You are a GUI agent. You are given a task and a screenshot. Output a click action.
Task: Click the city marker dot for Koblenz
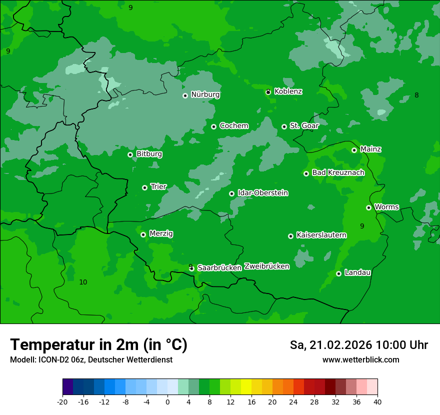click(x=268, y=92)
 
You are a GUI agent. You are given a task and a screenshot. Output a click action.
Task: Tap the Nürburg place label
click(x=205, y=94)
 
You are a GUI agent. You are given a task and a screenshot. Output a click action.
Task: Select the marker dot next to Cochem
click(x=213, y=126)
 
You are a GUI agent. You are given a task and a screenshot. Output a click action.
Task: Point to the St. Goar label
click(x=304, y=125)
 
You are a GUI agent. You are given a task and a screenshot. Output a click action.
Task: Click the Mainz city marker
click(x=354, y=150)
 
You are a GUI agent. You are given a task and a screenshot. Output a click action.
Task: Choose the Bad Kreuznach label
click(x=338, y=172)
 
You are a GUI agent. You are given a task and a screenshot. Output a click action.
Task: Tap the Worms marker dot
click(x=368, y=207)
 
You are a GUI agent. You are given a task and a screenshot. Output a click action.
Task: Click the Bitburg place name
click(x=149, y=154)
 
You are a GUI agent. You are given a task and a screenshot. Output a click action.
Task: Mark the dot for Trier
click(x=144, y=187)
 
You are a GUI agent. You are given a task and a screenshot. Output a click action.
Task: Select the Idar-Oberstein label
click(x=262, y=192)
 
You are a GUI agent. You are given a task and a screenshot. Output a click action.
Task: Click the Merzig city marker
click(x=143, y=234)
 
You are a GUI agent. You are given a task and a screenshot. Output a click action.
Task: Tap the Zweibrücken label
click(x=266, y=266)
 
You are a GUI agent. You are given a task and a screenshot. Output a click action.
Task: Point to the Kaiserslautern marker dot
click(x=290, y=236)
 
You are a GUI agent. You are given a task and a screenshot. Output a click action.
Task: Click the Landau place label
click(x=357, y=272)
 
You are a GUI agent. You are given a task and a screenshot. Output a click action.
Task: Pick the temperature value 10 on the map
click(x=83, y=282)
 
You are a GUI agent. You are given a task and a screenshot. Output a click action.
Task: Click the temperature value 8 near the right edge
click(x=416, y=95)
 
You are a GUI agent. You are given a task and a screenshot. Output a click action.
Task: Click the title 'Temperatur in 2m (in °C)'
click(x=98, y=344)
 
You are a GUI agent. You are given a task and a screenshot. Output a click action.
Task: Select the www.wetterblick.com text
click(x=360, y=359)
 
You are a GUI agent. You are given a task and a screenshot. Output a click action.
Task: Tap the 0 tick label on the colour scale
click(x=167, y=401)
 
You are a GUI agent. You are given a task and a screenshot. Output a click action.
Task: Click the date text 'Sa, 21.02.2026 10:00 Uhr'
click(x=358, y=345)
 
